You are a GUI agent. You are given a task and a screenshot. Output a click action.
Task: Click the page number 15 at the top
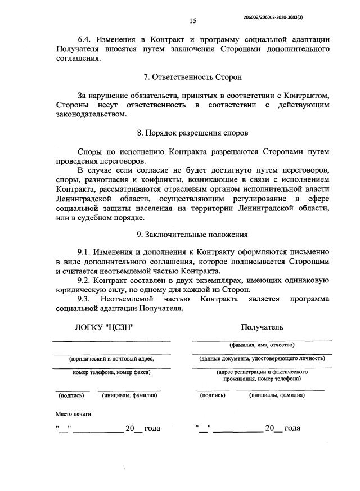[192, 21]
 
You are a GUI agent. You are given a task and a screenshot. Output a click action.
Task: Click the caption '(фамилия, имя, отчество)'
[262, 345]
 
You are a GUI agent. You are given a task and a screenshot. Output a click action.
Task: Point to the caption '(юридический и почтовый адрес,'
[111, 358]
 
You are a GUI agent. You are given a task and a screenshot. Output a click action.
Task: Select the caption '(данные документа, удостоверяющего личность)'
[262, 358]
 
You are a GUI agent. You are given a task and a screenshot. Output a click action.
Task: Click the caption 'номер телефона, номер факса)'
[111, 372]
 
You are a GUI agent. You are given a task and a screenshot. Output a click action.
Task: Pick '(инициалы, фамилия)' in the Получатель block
[277, 395]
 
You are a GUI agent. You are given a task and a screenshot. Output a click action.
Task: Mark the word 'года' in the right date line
[292, 429]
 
